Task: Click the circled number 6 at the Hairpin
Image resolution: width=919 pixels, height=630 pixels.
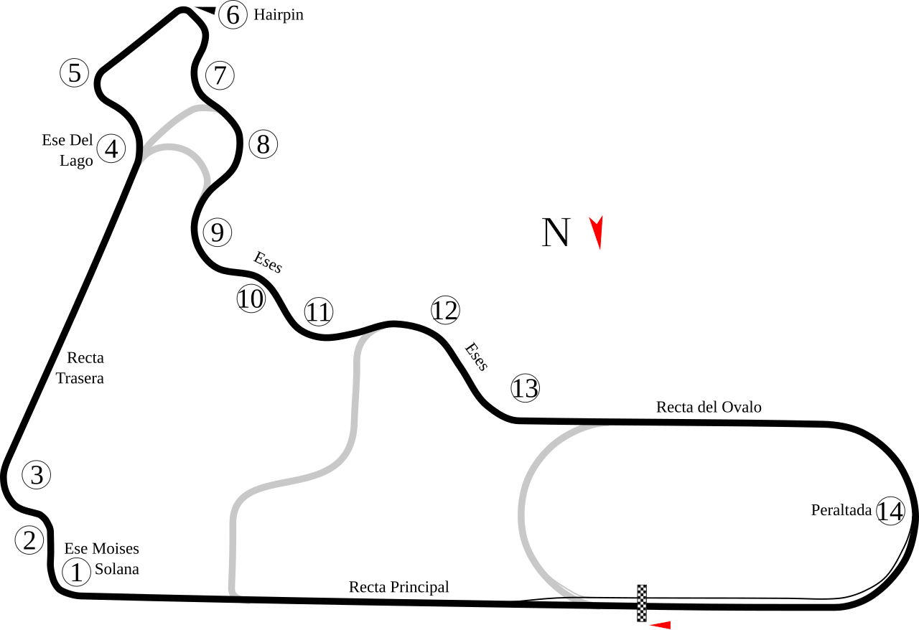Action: [x=233, y=15]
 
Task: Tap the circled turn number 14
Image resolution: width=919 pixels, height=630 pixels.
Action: [x=890, y=511]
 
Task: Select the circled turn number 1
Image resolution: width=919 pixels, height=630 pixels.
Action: [x=77, y=572]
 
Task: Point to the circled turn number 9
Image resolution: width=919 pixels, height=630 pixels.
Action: [x=218, y=232]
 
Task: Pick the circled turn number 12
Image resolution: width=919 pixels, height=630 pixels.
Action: [x=445, y=310]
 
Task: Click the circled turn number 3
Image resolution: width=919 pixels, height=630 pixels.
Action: [x=37, y=475]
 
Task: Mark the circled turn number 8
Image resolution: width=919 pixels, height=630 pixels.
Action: [x=263, y=144]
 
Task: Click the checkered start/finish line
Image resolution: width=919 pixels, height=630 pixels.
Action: [x=642, y=603]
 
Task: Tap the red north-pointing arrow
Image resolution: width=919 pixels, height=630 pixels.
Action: [x=597, y=232]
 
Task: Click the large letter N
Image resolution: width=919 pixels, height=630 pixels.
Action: [x=556, y=232]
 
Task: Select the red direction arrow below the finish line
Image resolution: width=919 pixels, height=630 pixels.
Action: [x=660, y=625]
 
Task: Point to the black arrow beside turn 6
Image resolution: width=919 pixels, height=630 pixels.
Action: [x=205, y=10]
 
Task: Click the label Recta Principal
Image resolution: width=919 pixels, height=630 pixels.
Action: [x=398, y=587]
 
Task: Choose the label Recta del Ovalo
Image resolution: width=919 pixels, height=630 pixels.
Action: [x=709, y=407]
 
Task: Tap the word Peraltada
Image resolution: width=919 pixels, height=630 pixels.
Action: [x=841, y=510]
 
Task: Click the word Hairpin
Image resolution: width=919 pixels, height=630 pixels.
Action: [x=279, y=15]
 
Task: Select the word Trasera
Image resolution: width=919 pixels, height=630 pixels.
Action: [x=80, y=378]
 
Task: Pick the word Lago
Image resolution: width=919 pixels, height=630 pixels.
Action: [x=76, y=161]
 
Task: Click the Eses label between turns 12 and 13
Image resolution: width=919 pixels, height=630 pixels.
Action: [x=476, y=357]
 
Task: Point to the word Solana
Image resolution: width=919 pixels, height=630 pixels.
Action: [x=117, y=569]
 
